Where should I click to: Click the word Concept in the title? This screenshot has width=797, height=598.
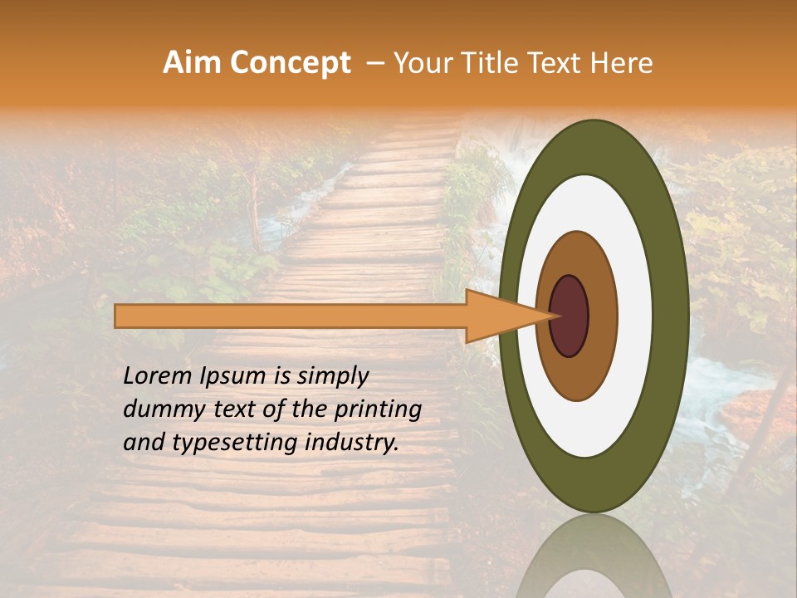(290, 63)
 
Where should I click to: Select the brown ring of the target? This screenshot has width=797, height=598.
(602, 316)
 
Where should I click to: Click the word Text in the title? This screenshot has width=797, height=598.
(559, 63)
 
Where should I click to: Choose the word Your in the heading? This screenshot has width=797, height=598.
(423, 63)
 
